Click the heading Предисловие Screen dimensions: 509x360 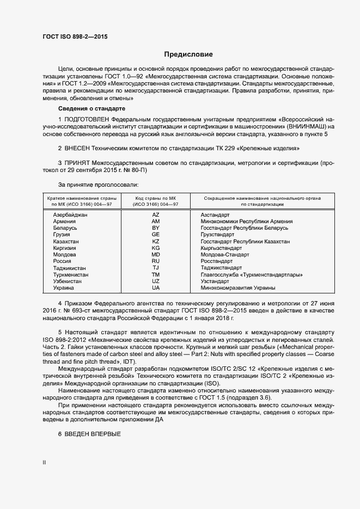pyautogui.click(x=188, y=54)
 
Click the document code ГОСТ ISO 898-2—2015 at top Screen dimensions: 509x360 pyautogui.click(x=76, y=37)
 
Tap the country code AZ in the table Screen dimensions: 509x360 pyautogui.click(x=156, y=215)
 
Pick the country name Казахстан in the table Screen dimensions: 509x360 pyautogui.click(x=65, y=241)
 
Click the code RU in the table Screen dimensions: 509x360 pyautogui.click(x=156, y=261)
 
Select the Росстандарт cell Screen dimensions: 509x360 pyautogui.click(x=217, y=261)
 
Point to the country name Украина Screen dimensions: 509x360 pyautogui.click(x=64, y=287)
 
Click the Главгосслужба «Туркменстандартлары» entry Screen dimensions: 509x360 pyautogui.click(x=252, y=274)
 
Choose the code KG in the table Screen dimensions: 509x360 pyautogui.click(x=156, y=248)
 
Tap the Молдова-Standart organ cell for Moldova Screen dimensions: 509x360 pyautogui.click(x=224, y=255)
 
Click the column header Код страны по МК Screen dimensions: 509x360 pyautogui.click(x=156, y=201)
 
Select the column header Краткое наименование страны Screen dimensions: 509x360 pyautogui.click(x=80, y=201)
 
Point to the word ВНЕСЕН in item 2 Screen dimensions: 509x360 pyautogui.click(x=81, y=148)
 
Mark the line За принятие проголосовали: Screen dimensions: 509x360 pyautogui.click(x=94, y=185)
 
